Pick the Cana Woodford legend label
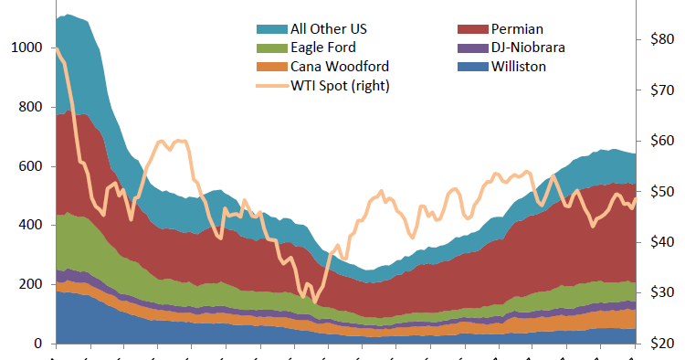point(340,67)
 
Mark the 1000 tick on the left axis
point(26,48)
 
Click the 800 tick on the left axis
point(30,107)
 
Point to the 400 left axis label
point(30,226)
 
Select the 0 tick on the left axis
point(37,344)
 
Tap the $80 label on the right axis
point(661,39)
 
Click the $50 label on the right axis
point(661,192)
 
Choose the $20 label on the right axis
point(661,344)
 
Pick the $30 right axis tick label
point(661,293)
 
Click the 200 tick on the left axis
point(30,285)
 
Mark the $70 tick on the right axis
point(661,90)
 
